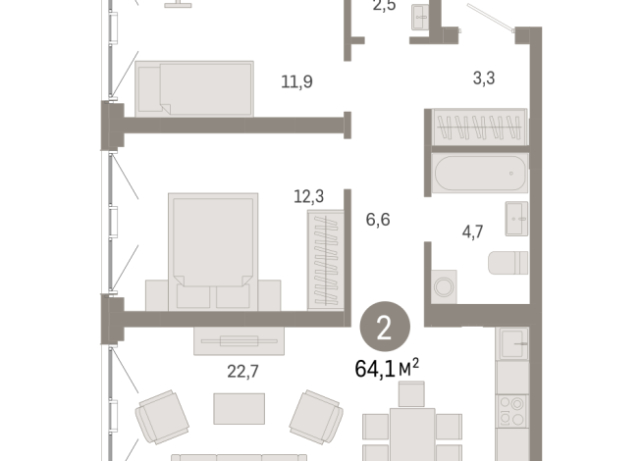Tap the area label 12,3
click(308, 196)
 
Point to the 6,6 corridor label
click(378, 219)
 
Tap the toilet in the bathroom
click(509, 263)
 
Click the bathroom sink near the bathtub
click(516, 219)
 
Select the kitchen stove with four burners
click(512, 408)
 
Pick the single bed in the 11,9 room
click(193, 88)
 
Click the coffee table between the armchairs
click(239, 407)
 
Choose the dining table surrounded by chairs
click(412, 432)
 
